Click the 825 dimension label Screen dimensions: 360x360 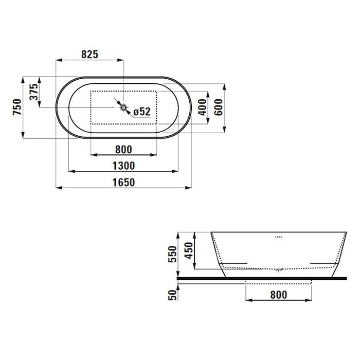pos(90,55)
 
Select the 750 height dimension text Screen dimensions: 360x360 pos(17,107)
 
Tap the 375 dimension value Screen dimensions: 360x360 pos(34,92)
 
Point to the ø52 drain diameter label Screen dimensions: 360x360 pos(142,112)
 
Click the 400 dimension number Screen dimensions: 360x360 pos(203,107)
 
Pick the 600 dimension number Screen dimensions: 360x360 pos(219,107)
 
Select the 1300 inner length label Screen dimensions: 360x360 pos(123,166)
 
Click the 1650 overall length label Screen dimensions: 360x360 pos(123,183)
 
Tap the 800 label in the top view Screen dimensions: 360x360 pos(123,150)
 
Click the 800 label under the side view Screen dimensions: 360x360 pos(279,295)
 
